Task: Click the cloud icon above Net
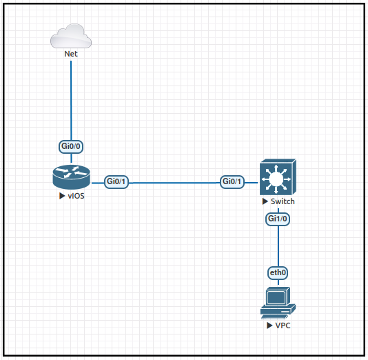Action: click(x=71, y=36)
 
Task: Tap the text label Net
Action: click(x=71, y=54)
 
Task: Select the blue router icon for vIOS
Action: click(x=71, y=178)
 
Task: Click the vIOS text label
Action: click(x=75, y=197)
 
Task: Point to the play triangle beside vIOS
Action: click(x=62, y=197)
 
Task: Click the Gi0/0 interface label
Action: click(x=72, y=146)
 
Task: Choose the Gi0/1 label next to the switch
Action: click(x=232, y=182)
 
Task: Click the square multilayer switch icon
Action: click(x=277, y=178)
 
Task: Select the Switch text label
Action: click(x=283, y=201)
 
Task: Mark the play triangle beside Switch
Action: click(x=265, y=201)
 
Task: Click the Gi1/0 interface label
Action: click(x=278, y=219)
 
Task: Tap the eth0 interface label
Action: click(x=278, y=273)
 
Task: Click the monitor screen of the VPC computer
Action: click(x=277, y=297)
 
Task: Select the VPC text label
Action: click(x=283, y=325)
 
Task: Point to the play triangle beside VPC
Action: click(x=269, y=325)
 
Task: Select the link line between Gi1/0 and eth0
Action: click(x=278, y=246)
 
